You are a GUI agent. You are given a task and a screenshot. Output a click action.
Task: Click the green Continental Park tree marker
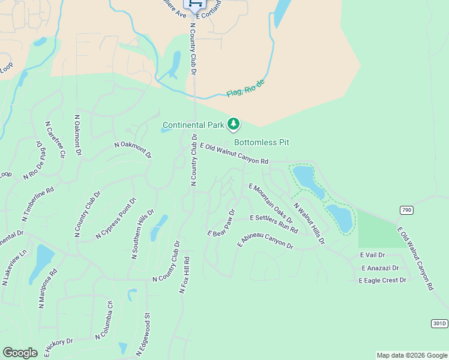(x=234, y=124)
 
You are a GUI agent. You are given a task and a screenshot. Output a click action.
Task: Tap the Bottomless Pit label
(x=262, y=142)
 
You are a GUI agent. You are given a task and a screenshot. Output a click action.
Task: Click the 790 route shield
(x=407, y=209)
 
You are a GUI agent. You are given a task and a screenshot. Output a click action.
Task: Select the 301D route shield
(x=439, y=323)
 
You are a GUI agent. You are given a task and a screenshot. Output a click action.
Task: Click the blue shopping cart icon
(x=194, y=4)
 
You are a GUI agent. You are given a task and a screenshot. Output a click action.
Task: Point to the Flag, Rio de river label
(x=245, y=88)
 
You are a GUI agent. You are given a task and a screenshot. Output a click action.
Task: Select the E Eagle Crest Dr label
(x=382, y=280)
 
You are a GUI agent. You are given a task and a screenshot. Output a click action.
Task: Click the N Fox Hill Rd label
(x=185, y=275)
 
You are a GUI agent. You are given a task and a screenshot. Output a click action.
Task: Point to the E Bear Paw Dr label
(x=221, y=223)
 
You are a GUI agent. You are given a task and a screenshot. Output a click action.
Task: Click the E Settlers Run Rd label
(x=274, y=223)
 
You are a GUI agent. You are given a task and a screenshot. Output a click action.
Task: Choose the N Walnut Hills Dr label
(x=309, y=223)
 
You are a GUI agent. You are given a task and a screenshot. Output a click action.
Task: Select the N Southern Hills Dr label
(x=142, y=235)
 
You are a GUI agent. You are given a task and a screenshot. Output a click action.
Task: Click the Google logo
(x=20, y=352)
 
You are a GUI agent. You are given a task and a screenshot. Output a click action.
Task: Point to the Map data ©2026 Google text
(x=411, y=355)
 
